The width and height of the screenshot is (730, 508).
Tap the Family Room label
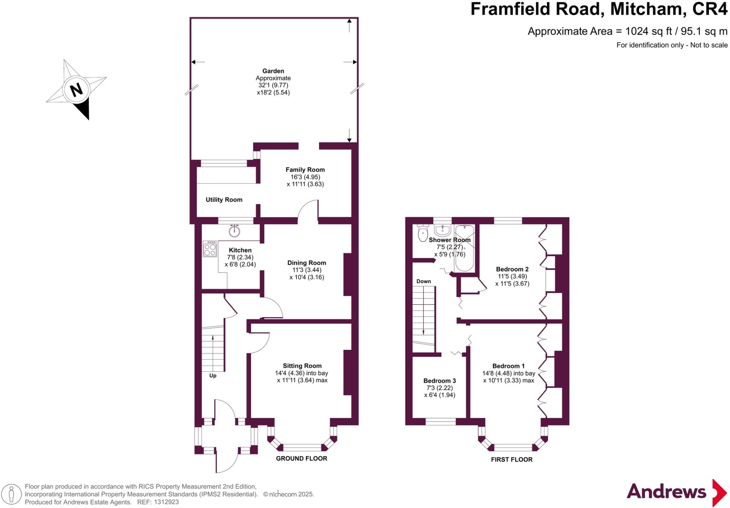coord(305,170)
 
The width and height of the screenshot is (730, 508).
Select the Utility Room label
coord(224,200)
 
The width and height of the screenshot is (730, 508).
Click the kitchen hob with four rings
coord(210,249)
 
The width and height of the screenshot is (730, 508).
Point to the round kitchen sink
coord(234,231)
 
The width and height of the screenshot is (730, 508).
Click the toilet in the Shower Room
coord(423,234)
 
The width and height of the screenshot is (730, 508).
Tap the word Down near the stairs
coord(423,281)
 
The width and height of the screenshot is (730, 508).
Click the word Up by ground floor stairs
coord(213,376)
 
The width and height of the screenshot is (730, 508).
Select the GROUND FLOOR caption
coord(301,458)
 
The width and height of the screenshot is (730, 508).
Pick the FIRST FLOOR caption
coord(511,459)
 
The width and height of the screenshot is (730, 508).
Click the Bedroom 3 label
coord(439,381)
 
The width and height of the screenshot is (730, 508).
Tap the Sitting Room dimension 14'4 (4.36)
coord(290,373)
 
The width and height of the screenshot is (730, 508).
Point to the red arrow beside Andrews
coord(719,493)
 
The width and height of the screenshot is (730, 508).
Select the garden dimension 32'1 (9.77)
coord(273,85)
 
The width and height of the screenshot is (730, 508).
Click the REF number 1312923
coord(166,502)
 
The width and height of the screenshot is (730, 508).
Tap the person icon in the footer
coord(11,494)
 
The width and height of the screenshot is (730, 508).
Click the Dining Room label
coord(307,263)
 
